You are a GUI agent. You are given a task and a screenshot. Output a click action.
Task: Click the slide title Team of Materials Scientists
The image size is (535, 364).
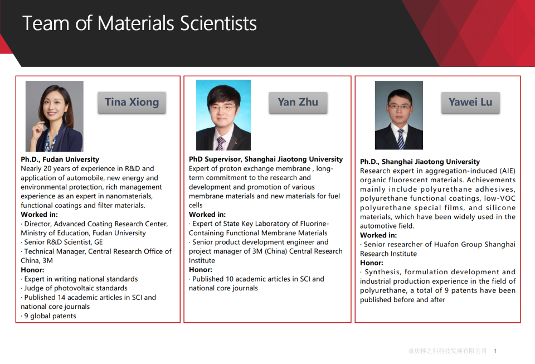point(139,23)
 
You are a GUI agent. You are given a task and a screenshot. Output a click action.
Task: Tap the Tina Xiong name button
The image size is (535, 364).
point(132,103)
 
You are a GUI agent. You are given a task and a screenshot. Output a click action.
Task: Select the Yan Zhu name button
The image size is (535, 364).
point(298,103)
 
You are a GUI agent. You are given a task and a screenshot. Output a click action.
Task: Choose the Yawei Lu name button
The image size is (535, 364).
point(470,103)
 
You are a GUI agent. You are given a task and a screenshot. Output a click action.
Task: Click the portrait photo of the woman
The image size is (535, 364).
point(55,117)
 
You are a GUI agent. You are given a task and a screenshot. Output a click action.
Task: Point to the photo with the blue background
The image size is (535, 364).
point(223,115)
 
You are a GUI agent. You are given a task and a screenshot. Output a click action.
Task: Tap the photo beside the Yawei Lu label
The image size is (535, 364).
point(399,115)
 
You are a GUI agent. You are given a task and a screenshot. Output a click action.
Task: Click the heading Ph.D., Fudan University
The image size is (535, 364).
point(60,159)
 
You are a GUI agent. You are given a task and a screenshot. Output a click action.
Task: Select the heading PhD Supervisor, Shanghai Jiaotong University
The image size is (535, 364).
point(266,159)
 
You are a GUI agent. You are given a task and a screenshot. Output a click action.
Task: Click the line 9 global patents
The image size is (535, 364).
point(48,316)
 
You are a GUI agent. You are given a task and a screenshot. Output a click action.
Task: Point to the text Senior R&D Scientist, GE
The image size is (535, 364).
point(62,242)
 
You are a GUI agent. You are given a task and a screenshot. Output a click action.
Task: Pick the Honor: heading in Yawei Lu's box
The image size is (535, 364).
point(372,263)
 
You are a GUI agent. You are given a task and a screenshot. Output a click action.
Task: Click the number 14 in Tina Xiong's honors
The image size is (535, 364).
point(61,298)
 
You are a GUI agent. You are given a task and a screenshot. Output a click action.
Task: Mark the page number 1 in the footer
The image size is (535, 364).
point(495,351)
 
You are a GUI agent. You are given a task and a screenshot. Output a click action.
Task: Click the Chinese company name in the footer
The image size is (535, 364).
point(448,351)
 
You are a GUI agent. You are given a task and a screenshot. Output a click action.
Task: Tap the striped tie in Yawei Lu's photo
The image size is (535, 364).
point(401,139)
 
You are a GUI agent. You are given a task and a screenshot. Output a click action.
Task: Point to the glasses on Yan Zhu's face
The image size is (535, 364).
point(222,108)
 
